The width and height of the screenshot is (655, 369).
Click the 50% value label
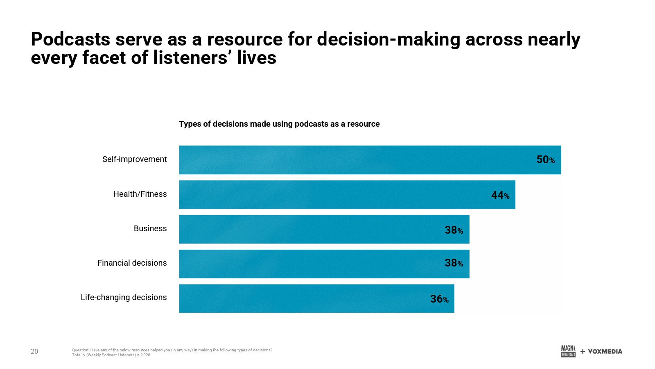(545, 160)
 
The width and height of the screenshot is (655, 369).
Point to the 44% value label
(500, 195)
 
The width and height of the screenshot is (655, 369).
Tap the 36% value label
(439, 299)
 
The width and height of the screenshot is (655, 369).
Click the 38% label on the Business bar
(454, 230)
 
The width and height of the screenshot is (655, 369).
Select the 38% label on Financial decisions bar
(454, 263)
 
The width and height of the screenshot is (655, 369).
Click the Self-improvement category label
(134, 159)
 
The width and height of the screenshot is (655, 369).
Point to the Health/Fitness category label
(140, 194)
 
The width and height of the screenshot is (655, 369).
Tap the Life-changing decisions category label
(124, 297)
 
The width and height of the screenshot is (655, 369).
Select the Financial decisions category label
(132, 263)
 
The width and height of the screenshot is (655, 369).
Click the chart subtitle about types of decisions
(279, 124)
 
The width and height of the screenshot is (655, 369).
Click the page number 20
(34, 351)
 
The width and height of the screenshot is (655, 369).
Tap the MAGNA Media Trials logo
(568, 351)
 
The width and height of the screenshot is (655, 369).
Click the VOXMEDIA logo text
(605, 351)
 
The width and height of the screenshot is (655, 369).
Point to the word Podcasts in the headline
(70, 39)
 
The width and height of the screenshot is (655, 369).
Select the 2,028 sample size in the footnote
(145, 355)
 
